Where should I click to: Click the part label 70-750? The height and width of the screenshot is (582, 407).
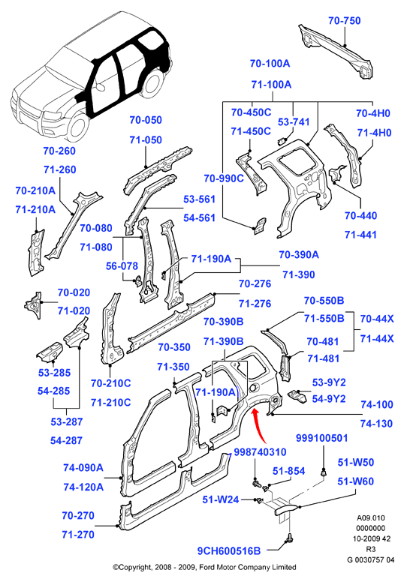point(344,20)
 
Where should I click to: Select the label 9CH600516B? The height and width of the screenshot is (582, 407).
point(228,550)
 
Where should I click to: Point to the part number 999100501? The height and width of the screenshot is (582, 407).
point(322,438)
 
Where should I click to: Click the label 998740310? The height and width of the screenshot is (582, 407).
point(260,452)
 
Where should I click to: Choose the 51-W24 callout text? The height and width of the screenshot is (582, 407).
point(221,499)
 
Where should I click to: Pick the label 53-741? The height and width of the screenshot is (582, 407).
point(294,122)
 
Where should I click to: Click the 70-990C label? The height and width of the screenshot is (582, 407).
point(224,178)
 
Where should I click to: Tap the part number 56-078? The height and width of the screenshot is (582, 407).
point(122,266)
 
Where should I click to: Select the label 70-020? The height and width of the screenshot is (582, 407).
point(74,292)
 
